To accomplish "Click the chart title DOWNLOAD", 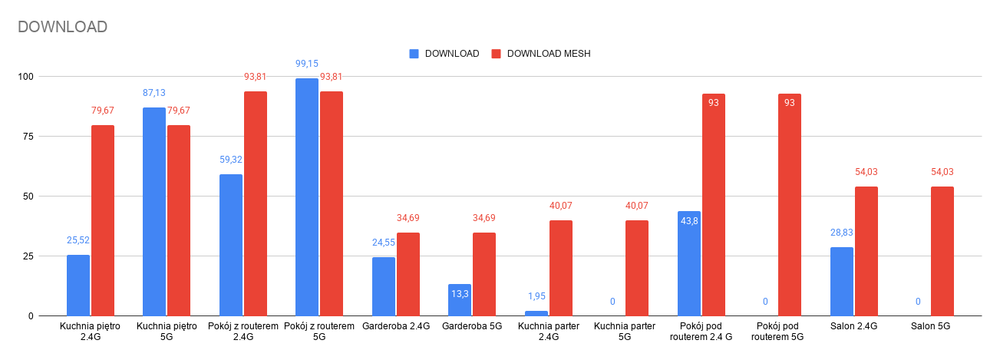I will pyautogui.click(x=62, y=27).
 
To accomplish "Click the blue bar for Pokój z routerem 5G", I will pyautogui.click(x=307, y=197).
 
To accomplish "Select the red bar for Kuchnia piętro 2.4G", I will pyautogui.click(x=103, y=220).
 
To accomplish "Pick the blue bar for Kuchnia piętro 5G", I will pyautogui.click(x=154, y=211).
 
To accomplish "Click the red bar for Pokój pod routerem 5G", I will pyautogui.click(x=790, y=205).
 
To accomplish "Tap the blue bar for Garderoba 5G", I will pyautogui.click(x=460, y=300).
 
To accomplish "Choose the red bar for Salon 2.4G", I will pyautogui.click(x=866, y=251).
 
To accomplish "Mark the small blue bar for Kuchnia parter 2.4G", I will pyautogui.click(x=536, y=313).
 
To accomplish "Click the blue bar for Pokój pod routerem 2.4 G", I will pyautogui.click(x=689, y=263).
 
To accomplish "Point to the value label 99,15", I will pyautogui.click(x=307, y=64).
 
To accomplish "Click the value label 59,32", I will pyautogui.click(x=231, y=160).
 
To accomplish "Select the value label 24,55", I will pyautogui.click(x=384, y=243).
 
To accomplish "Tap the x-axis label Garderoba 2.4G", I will pyautogui.click(x=395, y=327).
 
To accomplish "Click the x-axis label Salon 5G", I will pyautogui.click(x=931, y=327).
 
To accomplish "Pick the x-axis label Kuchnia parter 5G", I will pyautogui.click(x=625, y=332).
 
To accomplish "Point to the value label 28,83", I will pyautogui.click(x=842, y=233).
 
